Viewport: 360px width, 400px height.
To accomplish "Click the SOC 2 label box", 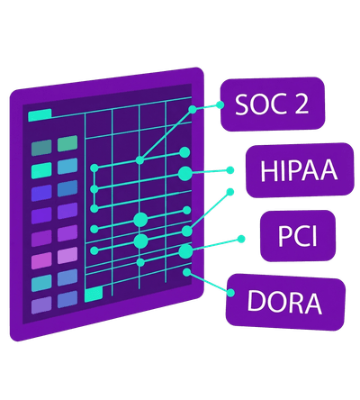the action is point(273,105).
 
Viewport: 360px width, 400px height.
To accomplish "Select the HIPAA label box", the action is point(300,170).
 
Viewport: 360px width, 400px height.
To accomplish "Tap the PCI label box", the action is point(298,236).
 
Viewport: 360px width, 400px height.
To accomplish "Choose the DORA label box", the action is point(285,303).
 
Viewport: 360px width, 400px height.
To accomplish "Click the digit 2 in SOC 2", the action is point(300,104).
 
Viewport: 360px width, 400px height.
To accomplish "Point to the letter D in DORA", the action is point(255,301).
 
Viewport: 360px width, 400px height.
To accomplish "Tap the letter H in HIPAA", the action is point(268,170).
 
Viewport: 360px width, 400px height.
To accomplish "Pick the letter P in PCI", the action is point(283,236).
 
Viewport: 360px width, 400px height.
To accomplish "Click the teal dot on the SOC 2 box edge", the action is point(220,105).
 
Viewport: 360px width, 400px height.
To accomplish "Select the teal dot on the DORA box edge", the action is point(230,293).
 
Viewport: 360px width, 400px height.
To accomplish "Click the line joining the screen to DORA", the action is point(209,283).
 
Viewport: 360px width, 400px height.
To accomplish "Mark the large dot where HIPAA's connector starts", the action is point(185,173).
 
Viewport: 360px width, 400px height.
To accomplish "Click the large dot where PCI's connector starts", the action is point(185,251).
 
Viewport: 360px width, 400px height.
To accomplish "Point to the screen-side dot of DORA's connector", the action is point(187,272).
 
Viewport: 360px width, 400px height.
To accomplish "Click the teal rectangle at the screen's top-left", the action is point(40,115).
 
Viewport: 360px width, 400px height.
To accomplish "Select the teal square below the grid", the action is point(94,294).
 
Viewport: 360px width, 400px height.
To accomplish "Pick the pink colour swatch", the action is point(41,260).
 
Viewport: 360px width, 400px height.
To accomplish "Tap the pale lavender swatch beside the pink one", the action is point(67,255).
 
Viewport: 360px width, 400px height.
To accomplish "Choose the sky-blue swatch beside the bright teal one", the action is point(67,167).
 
